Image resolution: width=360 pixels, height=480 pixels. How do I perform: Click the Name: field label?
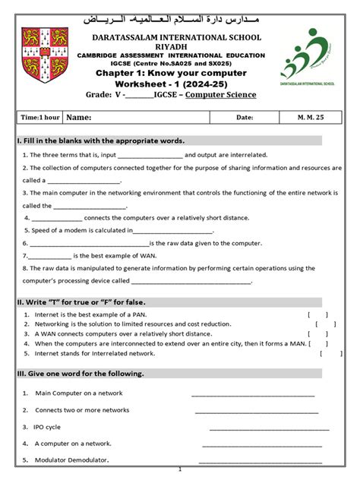(79, 118)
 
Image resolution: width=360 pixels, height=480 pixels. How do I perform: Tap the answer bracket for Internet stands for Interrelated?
(330, 353)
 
